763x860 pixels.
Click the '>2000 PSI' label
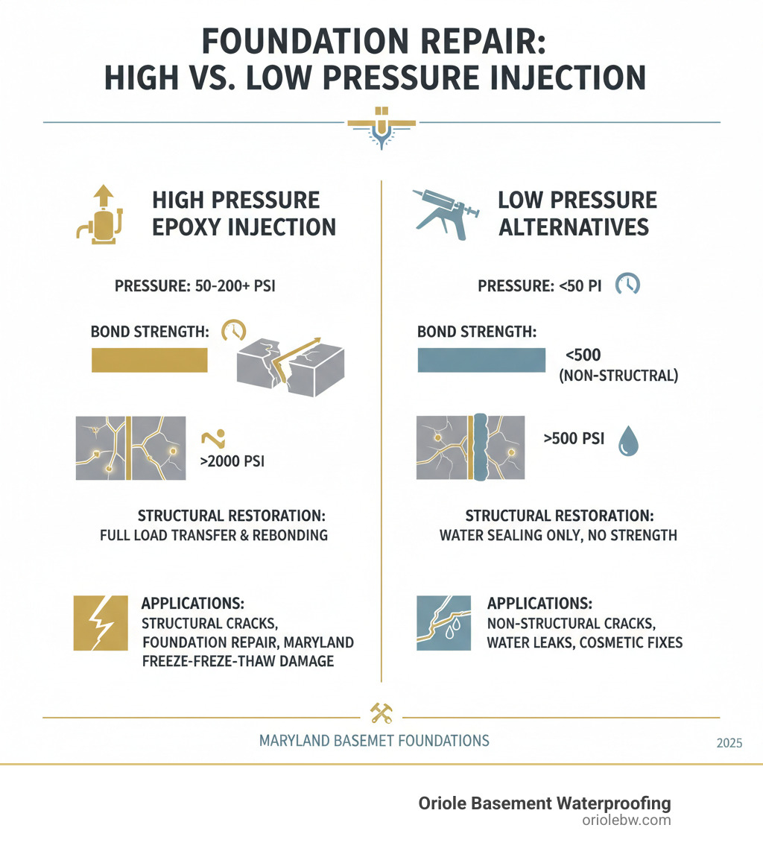(232, 461)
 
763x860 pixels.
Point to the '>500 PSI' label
(574, 439)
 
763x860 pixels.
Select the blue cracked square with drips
(444, 623)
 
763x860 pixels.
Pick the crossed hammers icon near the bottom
(381, 713)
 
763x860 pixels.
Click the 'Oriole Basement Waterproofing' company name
(544, 803)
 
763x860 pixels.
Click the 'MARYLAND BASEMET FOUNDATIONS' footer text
(373, 741)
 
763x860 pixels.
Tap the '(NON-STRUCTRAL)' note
(618, 376)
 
